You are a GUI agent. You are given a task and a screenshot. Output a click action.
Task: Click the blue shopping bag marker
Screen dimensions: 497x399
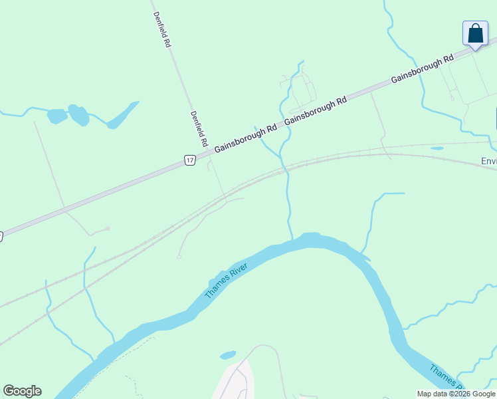click(475, 34)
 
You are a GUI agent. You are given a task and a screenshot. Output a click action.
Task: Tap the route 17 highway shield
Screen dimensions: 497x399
click(190, 160)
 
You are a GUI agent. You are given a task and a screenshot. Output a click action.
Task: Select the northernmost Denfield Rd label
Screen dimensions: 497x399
click(161, 29)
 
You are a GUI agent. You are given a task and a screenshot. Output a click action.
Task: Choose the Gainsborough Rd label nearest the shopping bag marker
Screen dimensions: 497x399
click(422, 68)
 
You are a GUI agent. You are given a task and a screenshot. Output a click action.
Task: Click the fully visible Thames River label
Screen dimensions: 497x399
click(226, 281)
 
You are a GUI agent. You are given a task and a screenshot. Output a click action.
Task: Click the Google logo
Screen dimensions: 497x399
click(22, 391)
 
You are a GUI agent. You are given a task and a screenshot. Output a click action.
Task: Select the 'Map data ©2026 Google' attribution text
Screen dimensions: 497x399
click(456, 394)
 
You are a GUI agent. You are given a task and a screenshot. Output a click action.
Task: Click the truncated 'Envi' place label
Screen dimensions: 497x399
click(488, 161)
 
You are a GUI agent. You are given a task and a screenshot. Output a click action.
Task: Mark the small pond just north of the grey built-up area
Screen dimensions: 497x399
click(228, 355)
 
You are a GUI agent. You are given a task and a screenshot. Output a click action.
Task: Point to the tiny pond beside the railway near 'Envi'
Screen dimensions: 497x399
click(437, 148)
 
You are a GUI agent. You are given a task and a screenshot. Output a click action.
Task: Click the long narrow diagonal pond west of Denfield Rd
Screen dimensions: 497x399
click(122, 115)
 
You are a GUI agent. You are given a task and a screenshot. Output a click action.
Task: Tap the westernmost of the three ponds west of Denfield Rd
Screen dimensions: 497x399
click(57, 116)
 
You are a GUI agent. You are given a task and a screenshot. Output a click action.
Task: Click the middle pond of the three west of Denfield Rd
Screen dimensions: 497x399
click(78, 115)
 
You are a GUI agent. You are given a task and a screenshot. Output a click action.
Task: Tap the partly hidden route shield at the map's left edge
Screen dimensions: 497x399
click(1, 236)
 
